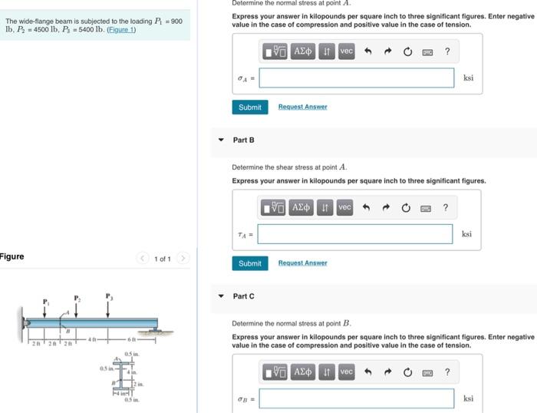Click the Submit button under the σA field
(x=249, y=107)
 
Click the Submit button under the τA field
(x=249, y=263)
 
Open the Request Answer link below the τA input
(x=302, y=263)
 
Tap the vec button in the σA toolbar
(x=346, y=51)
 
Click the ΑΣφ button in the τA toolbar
(x=303, y=208)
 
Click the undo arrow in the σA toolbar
(x=367, y=51)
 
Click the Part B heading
(x=243, y=140)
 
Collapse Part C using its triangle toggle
(x=221, y=296)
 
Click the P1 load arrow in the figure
(x=44, y=309)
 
